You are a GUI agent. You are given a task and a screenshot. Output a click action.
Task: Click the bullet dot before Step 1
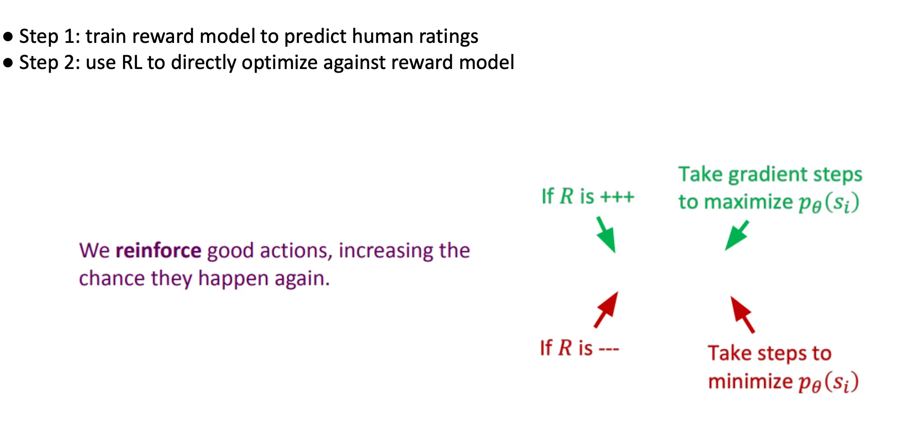(x=8, y=37)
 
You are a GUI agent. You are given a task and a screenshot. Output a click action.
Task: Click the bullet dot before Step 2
(x=8, y=63)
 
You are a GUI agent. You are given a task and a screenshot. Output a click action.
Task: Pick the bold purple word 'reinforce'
(x=158, y=250)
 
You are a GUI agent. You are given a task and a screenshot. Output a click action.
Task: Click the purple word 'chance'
(x=112, y=278)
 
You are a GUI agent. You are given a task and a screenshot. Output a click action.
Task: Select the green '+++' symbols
(x=617, y=197)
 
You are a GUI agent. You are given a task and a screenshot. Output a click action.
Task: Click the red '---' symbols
(x=609, y=349)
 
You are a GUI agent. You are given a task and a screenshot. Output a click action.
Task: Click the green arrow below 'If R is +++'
(x=606, y=235)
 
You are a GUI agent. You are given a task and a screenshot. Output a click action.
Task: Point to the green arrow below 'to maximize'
(x=737, y=236)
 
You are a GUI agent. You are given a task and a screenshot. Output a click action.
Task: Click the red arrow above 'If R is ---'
(x=606, y=309)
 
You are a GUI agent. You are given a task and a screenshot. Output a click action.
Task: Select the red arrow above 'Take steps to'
(x=742, y=314)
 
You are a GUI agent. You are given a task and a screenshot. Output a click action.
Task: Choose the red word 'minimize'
(x=750, y=382)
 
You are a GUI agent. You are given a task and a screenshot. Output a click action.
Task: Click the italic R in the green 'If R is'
(x=567, y=196)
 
